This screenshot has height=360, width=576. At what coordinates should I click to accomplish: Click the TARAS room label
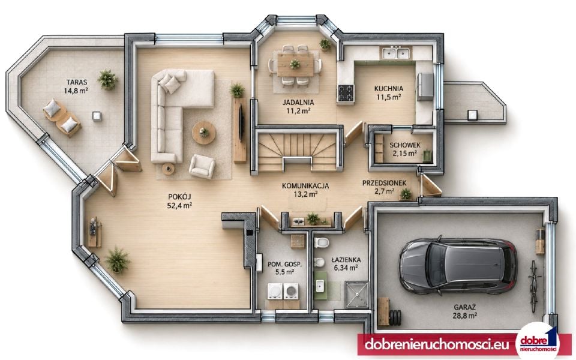click(77, 82)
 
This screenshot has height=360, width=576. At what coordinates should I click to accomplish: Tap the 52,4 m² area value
click(179, 206)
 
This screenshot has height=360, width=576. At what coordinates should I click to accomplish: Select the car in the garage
click(458, 266)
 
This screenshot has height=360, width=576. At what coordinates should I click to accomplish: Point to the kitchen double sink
click(395, 53)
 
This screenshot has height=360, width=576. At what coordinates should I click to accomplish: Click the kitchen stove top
click(346, 93)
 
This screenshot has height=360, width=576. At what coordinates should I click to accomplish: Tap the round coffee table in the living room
click(204, 133)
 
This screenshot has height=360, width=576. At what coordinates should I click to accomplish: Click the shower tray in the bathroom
click(356, 294)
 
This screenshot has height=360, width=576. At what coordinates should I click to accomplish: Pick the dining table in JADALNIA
click(295, 65)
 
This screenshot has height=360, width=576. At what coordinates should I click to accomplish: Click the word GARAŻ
click(464, 307)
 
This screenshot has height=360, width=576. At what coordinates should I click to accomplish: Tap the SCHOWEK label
click(405, 145)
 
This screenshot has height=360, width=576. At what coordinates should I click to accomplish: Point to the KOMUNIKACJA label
click(305, 186)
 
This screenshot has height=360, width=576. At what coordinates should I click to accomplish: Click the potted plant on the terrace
click(107, 79)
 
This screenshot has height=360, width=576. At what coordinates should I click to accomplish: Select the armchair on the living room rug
click(202, 166)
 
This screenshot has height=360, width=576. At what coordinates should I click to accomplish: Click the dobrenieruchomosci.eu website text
click(437, 345)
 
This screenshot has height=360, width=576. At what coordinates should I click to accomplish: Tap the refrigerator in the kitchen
click(424, 86)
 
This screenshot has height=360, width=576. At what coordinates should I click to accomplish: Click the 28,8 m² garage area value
click(464, 316)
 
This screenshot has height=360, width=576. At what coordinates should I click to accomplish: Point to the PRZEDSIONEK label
click(384, 183)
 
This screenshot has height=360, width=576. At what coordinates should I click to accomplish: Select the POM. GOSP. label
click(284, 264)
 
